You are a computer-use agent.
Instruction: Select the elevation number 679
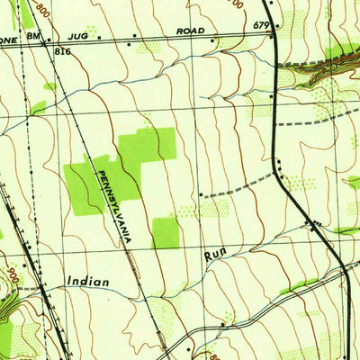point(262,25)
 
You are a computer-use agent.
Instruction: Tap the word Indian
point(88,282)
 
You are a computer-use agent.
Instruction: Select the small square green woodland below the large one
point(166,232)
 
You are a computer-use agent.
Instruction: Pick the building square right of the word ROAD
point(213,40)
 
